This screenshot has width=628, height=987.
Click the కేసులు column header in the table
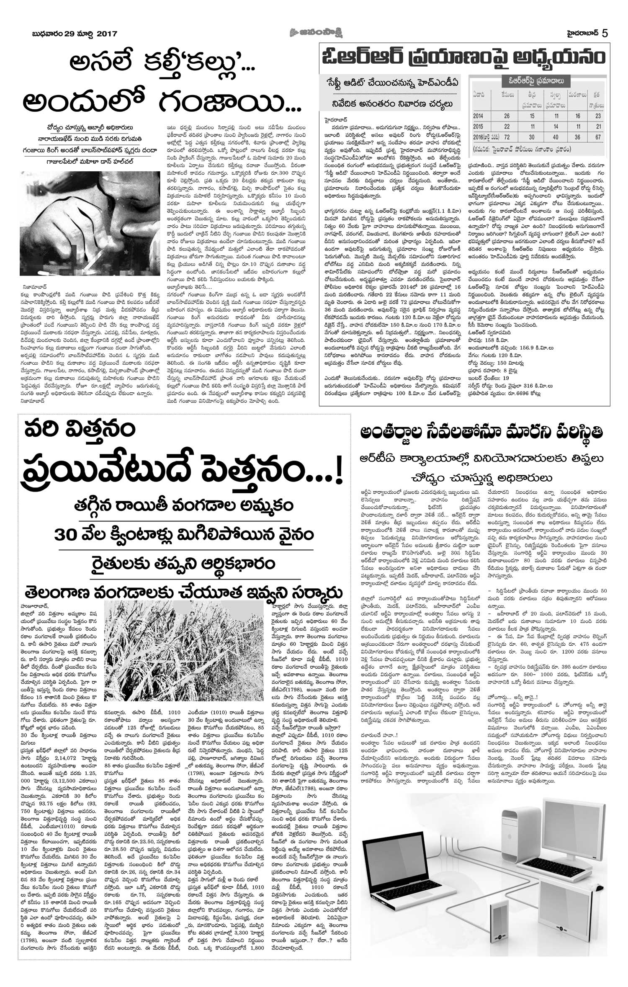pos(507,95)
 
